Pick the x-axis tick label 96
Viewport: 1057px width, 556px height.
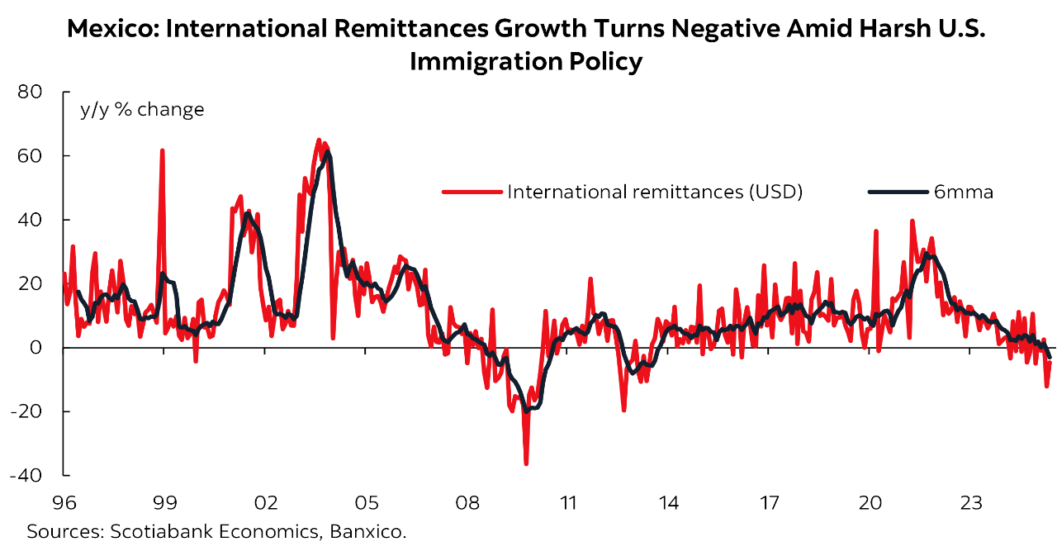pos(64,501)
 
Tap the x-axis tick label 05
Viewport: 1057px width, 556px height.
pos(366,501)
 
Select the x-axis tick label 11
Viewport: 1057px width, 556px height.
pos(567,501)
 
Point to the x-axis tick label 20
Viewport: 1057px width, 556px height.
pos(870,501)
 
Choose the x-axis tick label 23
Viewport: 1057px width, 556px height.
pos(970,501)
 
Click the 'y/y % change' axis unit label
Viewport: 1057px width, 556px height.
pos(141,109)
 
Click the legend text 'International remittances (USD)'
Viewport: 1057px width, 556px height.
pos(655,192)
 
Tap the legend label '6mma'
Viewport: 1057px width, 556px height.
pos(963,192)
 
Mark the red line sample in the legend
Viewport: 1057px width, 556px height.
pos(472,192)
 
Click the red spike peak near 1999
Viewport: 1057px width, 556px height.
pos(162,150)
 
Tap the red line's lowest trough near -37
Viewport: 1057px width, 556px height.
pos(526,463)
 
